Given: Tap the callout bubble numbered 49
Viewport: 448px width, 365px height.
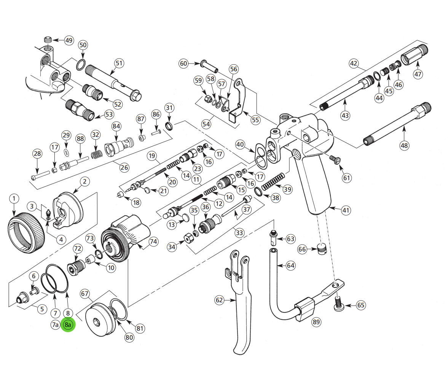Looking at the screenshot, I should click(x=69, y=41).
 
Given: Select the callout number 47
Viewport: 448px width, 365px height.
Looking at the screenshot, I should click(x=418, y=74).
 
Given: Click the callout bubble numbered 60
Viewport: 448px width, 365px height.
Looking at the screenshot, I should click(x=184, y=63).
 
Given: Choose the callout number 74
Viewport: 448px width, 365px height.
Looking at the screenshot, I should click(x=153, y=241).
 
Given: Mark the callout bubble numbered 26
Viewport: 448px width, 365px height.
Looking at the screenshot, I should click(x=124, y=167).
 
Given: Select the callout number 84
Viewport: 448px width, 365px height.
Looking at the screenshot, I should click(x=116, y=126).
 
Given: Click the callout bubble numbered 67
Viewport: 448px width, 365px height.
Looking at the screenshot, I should click(x=84, y=294).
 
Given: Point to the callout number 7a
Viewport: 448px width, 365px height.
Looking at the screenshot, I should click(x=56, y=325).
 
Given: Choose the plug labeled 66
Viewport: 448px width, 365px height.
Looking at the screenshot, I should click(x=322, y=250).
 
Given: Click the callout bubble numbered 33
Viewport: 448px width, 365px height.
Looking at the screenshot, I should click(x=239, y=232).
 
